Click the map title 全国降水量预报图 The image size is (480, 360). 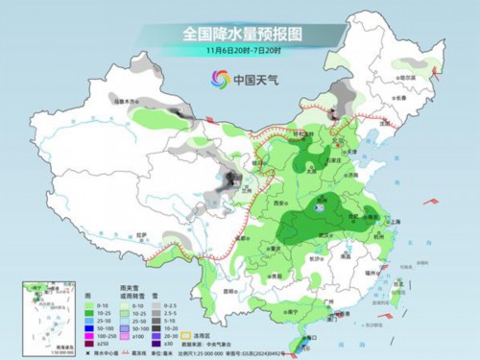(240, 33)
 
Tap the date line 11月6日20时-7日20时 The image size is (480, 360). (240, 50)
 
